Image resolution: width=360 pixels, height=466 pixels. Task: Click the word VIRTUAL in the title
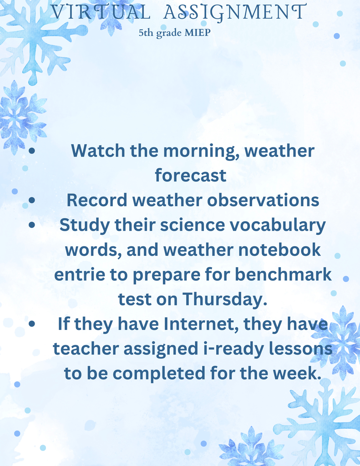101,12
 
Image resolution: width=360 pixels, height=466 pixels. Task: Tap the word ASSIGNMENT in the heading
235,12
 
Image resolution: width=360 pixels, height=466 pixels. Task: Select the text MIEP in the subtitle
198,32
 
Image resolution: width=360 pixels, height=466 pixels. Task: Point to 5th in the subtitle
146,33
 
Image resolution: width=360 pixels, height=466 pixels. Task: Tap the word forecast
191,175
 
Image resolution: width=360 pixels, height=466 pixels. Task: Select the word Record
97,200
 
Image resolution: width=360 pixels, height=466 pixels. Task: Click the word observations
263,200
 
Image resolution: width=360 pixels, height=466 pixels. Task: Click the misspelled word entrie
80,274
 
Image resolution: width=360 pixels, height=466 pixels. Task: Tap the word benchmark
283,274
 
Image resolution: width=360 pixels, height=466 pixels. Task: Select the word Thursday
225,299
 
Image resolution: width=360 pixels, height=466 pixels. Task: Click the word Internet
202,324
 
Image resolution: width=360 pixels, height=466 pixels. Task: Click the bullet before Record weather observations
32,200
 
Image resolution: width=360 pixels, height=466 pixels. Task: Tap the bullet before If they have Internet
32,324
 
